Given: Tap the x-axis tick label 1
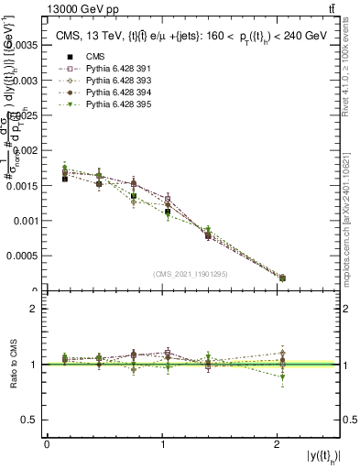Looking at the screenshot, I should pyautogui.click(x=162, y=444).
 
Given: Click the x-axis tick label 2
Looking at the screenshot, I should pyautogui.click(x=278, y=444).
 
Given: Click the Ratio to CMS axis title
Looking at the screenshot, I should pyautogui.click(x=14, y=365).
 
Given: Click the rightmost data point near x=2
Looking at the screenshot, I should pyautogui.click(x=282, y=278).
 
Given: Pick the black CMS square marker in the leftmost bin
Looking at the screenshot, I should pyautogui.click(x=64, y=180).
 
